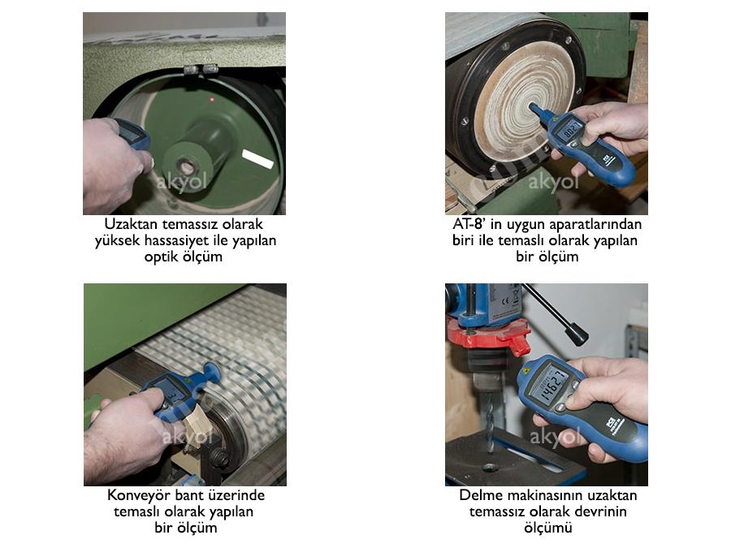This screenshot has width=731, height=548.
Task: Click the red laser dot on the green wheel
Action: coord(212,99)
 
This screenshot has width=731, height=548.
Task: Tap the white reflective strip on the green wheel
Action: coord(257,159)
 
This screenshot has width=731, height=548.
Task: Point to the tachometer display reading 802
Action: coord(572,129)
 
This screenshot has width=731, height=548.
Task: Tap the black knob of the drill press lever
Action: coord(577,333)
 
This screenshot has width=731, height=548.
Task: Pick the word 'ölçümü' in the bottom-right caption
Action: coord(547,528)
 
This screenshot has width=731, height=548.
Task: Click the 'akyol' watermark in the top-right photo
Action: coord(553,182)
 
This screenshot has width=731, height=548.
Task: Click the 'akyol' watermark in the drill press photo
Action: coord(554,438)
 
